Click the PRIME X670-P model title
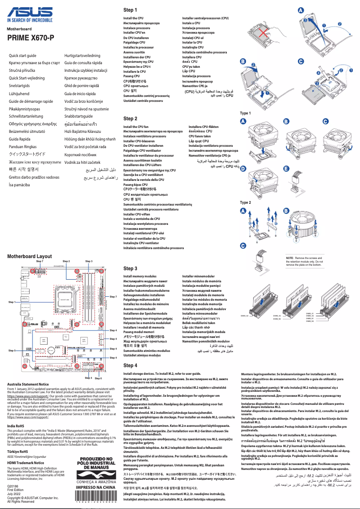pos(31,38)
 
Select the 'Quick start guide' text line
pos(22,55)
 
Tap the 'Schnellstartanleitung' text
pos(28,116)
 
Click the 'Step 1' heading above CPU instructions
pos(130,9)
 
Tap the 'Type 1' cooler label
pos(246,113)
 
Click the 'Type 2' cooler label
pos(246,202)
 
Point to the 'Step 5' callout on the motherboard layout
pos(12,351)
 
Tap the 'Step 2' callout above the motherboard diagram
pos(66,261)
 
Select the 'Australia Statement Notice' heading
pos(28,385)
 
